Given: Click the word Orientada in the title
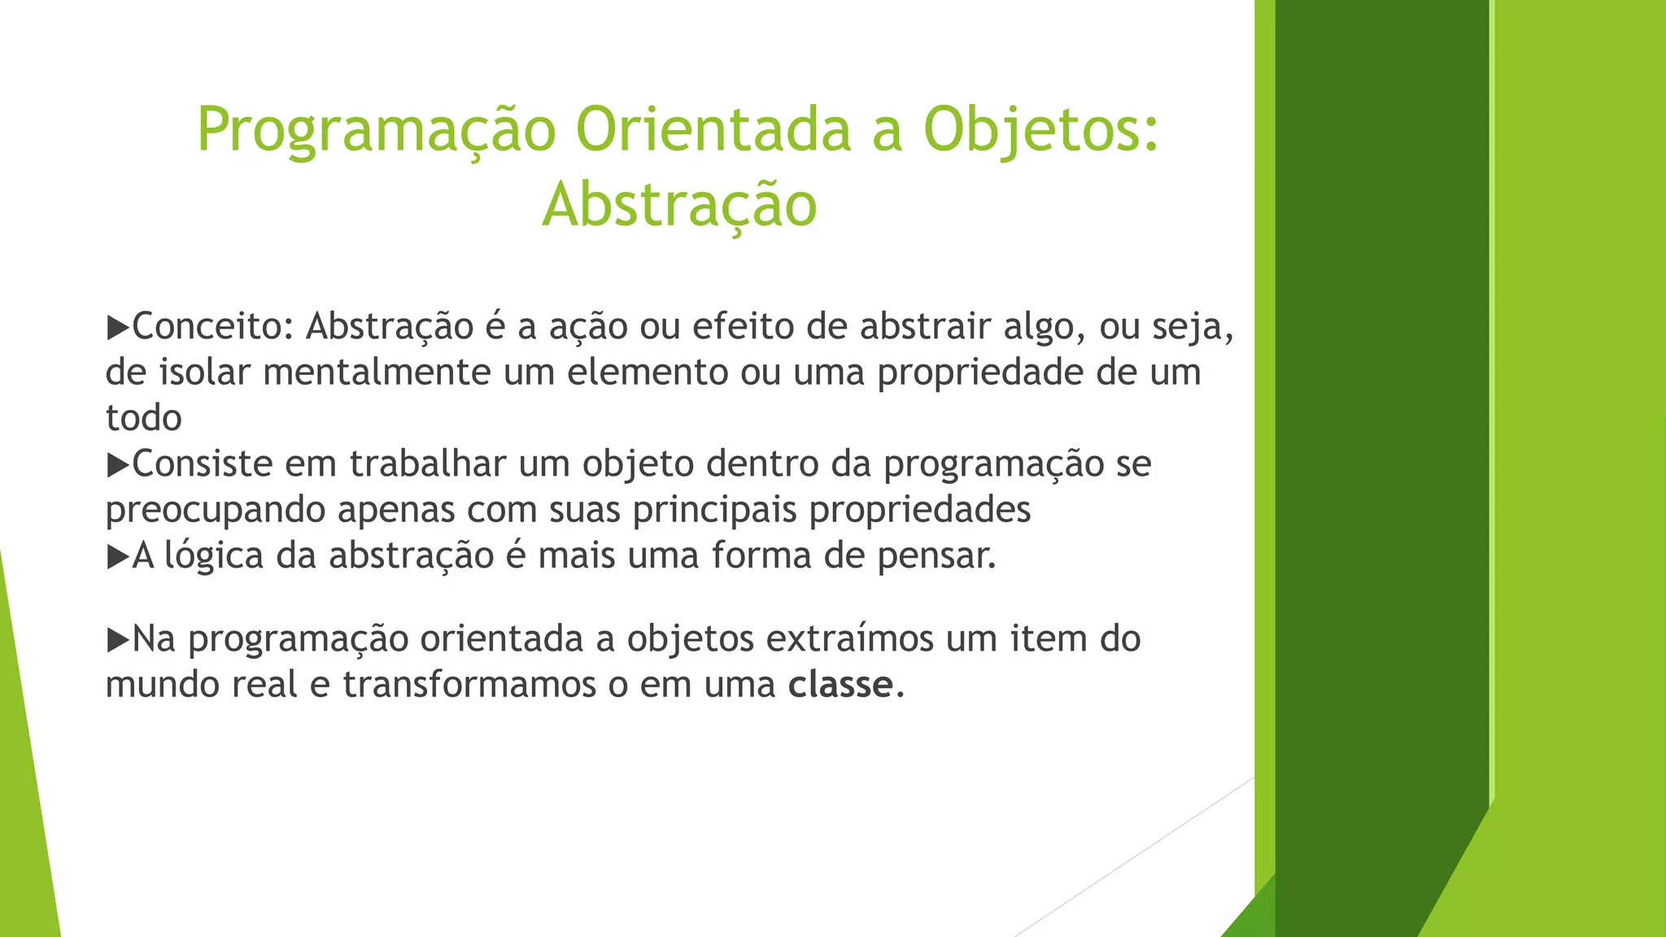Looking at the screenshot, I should (713, 130).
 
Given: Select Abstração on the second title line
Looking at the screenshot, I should (679, 204).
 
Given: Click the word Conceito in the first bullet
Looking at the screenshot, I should (207, 327).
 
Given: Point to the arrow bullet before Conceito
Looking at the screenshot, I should (118, 328).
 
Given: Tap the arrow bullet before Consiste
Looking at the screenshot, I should (118, 465).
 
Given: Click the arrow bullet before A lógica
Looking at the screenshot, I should (118, 557).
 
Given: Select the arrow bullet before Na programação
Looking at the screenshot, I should (118, 640).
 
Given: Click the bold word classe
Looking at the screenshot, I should (840, 685).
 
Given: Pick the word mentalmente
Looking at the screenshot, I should (377, 373).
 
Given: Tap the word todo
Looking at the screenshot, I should (143, 418).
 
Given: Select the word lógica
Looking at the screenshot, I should (214, 557).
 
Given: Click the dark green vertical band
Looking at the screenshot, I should (1381, 407).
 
